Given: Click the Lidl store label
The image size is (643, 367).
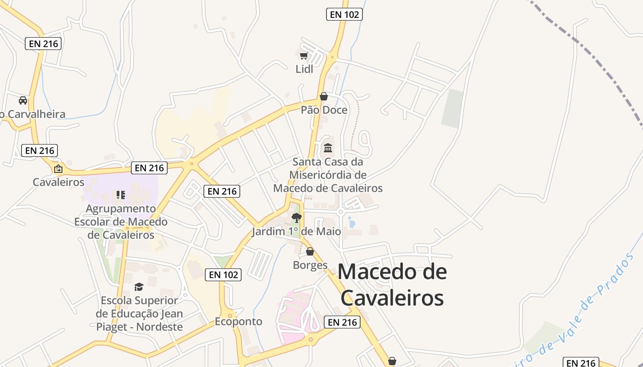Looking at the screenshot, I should click(x=304, y=69).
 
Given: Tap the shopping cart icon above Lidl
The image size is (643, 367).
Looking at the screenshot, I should click(x=303, y=56).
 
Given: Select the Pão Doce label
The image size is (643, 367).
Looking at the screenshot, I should click(x=324, y=110).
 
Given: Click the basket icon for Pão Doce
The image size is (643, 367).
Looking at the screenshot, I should click(x=324, y=96).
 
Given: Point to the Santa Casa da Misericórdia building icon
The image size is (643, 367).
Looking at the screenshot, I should click(x=328, y=148).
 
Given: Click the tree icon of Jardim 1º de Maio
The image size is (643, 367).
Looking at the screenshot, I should click(x=297, y=218).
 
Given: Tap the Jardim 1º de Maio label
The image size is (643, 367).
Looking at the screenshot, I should click(x=296, y=231).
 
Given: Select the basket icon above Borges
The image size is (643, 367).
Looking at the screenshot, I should click(x=310, y=251).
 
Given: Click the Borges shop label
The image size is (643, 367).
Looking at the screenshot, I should click(x=310, y=265).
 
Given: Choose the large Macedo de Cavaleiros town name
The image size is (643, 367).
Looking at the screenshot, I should click(x=392, y=284).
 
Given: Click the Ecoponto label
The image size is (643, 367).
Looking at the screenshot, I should click(x=238, y=321).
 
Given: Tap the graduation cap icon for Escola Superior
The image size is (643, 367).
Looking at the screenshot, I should click(x=139, y=287).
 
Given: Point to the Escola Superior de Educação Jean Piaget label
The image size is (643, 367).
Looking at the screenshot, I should click(x=139, y=314).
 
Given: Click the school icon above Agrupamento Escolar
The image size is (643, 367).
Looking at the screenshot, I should click(x=121, y=195).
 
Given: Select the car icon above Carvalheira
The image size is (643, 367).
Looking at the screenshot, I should click(x=23, y=100).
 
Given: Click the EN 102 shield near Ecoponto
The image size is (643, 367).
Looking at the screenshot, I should click(x=224, y=274).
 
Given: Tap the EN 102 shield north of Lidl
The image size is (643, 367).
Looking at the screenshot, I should click(x=344, y=14).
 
